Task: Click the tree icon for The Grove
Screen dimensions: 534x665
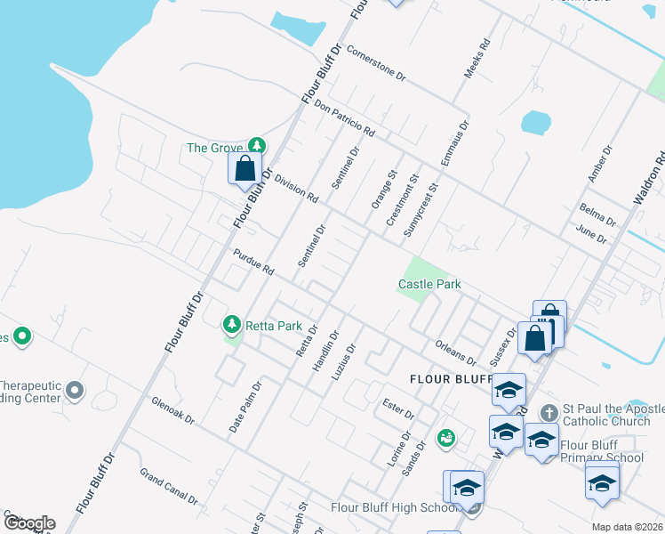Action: click(x=257, y=145)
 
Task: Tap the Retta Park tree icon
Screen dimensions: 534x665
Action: click(x=232, y=325)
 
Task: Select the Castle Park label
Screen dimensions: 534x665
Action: click(x=429, y=285)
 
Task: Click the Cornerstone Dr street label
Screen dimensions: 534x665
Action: click(x=376, y=64)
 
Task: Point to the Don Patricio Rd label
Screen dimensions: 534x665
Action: click(x=345, y=117)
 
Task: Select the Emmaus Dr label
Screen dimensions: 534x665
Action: click(x=453, y=144)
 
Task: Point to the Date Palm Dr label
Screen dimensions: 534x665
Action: click(x=246, y=407)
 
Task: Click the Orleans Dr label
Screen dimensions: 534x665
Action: click(x=457, y=352)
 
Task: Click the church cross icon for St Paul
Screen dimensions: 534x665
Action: click(x=549, y=413)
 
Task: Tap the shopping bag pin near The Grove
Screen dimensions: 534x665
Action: click(x=244, y=168)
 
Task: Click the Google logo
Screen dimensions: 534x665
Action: click(x=28, y=523)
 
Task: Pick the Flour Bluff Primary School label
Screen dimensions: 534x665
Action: click(x=601, y=452)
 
